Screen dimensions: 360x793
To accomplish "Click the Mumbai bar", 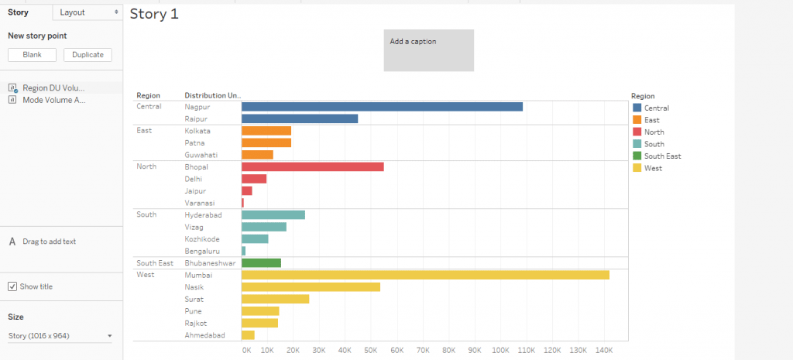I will [x=425, y=275].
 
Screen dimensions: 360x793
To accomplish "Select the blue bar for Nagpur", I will [x=382, y=107].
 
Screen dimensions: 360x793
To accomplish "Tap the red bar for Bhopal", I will [x=312, y=166].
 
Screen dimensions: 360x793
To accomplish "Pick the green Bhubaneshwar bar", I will [x=261, y=263].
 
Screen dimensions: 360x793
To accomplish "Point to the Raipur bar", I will [x=300, y=118].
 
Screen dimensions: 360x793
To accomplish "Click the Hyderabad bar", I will [x=273, y=214].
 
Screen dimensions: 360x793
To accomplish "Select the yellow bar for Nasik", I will [x=311, y=287].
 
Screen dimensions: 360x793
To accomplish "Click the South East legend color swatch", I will [x=637, y=156].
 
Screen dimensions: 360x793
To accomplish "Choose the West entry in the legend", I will [x=653, y=168].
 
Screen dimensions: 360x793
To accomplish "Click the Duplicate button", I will [x=88, y=55].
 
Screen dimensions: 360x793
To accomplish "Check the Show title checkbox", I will [x=12, y=286].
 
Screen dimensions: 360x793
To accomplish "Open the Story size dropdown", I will [x=60, y=335].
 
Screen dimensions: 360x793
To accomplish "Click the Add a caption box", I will [x=428, y=50].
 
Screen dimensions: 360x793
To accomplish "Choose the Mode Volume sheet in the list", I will [x=53, y=100].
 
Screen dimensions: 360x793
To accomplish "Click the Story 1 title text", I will [x=154, y=14].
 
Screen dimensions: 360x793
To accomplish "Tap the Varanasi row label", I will [x=199, y=203].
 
